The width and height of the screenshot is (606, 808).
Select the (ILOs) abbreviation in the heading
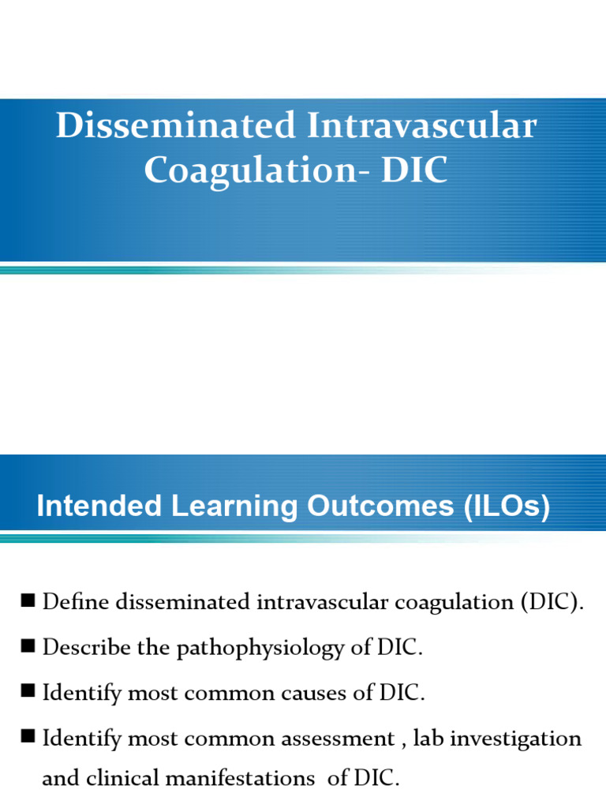(503, 507)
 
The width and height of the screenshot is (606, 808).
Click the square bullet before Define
(28, 601)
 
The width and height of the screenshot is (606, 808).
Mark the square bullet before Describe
(28, 647)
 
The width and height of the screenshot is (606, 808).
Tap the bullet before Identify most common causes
(28, 693)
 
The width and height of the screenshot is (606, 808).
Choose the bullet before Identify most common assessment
(28, 738)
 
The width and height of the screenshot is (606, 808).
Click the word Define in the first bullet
(76, 603)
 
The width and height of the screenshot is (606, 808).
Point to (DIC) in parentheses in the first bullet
(552, 603)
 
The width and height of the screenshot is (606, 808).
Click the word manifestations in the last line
(242, 780)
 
